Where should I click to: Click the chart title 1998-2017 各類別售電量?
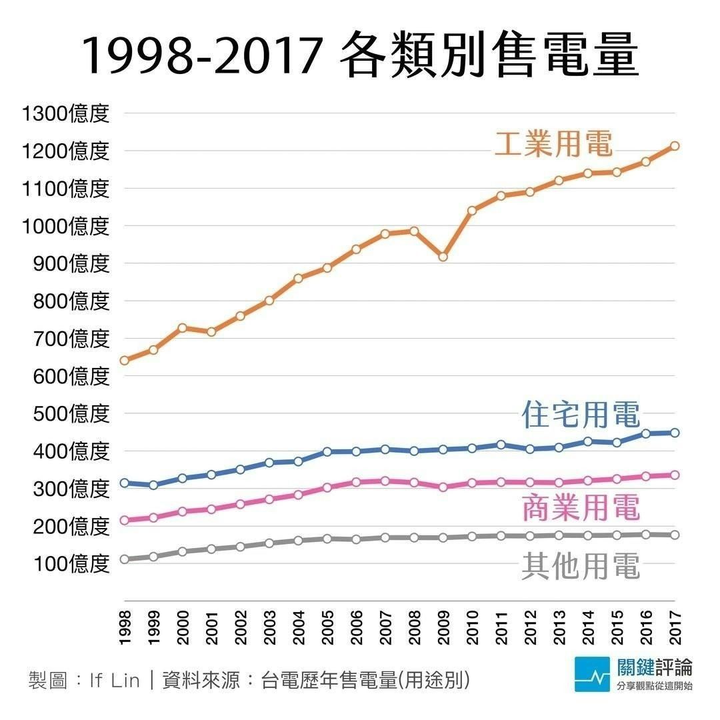360,56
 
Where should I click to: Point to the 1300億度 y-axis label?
65,113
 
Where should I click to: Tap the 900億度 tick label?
71,263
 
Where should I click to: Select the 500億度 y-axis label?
71,413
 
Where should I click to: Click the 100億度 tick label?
71,564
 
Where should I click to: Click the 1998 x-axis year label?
125,627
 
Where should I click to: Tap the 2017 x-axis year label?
675,627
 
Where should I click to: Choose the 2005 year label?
327,627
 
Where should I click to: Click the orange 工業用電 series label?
553,143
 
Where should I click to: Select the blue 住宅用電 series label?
581,415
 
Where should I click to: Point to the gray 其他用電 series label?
581,567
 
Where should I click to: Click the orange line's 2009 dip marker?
443,257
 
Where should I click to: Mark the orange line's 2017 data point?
675,145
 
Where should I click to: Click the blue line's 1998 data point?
125,483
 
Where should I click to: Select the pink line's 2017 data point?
675,475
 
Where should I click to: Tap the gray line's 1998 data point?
125,559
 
